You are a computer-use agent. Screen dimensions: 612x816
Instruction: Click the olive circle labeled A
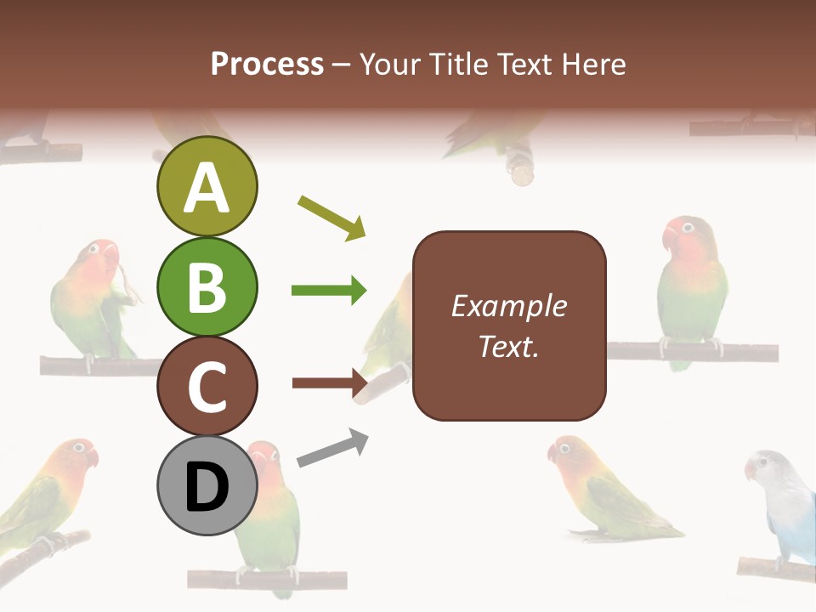coord(207,186)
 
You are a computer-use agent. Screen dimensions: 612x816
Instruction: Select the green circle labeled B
coord(207,286)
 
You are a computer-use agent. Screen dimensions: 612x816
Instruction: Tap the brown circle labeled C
coord(207,386)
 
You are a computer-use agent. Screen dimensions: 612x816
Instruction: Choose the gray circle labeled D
coord(207,485)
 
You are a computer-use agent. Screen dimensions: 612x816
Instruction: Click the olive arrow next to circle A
coord(331,218)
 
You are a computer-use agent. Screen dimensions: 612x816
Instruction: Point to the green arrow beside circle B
coord(329,291)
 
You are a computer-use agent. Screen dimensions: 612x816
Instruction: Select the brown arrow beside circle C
coord(329,383)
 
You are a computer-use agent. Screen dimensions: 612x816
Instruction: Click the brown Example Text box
coord(509,326)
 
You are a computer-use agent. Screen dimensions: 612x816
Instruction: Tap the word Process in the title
coord(267,64)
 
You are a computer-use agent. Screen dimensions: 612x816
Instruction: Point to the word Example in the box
coord(508,306)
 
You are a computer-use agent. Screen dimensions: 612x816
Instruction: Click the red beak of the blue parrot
coord(751,470)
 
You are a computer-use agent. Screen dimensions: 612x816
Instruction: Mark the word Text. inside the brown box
coord(508,346)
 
